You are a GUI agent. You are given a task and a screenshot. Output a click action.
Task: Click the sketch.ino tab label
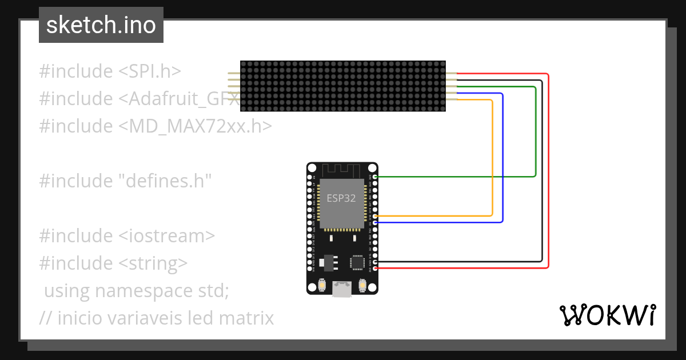tap(101, 25)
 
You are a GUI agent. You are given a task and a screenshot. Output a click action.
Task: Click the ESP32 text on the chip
tap(341, 199)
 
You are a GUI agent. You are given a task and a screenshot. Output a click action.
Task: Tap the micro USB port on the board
tap(342, 290)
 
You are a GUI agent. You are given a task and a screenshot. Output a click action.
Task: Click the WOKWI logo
tap(607, 315)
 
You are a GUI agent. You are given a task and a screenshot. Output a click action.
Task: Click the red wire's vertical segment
tap(548, 171)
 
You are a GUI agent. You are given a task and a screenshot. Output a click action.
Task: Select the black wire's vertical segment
tap(542, 171)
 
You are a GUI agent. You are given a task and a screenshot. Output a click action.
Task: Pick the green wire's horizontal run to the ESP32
tap(457, 177)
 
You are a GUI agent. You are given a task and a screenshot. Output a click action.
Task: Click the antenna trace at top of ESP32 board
tap(342, 170)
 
